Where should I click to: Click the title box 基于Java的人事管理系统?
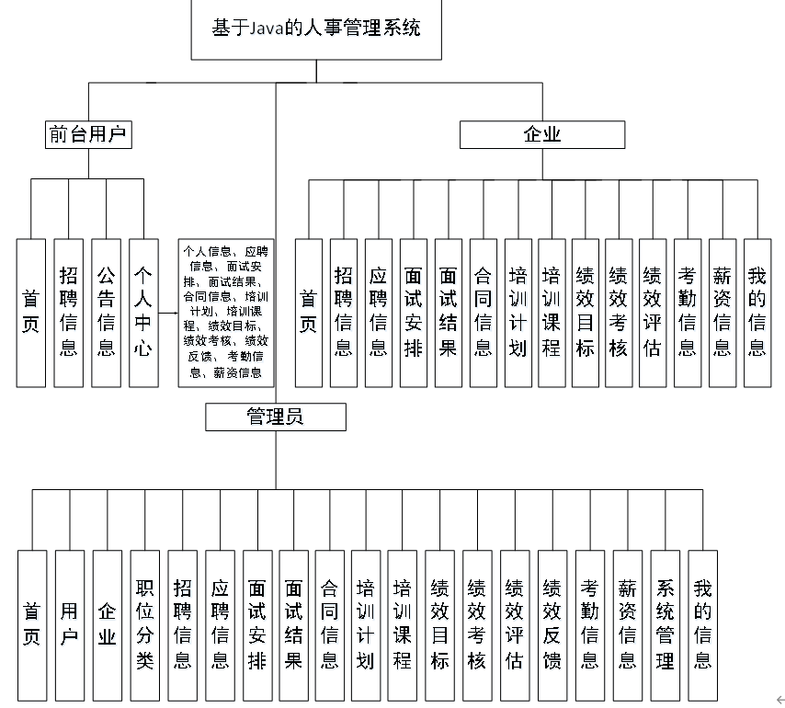[316, 29]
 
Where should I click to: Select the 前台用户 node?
[87, 135]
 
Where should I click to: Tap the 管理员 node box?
[276, 417]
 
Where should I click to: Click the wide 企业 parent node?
[542, 135]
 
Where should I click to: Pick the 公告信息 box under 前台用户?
[106, 313]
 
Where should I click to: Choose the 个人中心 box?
[142, 313]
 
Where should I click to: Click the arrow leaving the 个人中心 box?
[167, 313]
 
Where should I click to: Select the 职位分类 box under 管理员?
[144, 623]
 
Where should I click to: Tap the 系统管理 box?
[666, 623]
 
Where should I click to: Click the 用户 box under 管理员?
[70, 623]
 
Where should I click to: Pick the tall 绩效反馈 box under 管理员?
[552, 623]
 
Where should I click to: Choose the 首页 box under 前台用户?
[31, 313]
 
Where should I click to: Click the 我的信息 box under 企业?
[757, 313]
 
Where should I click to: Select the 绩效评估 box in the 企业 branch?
[652, 313]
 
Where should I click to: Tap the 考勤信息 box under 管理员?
[590, 623]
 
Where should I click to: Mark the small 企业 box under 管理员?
[108, 623]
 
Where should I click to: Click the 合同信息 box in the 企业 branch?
[483, 313]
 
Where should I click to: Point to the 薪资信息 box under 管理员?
[628, 623]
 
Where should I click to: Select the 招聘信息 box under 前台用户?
[68, 313]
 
